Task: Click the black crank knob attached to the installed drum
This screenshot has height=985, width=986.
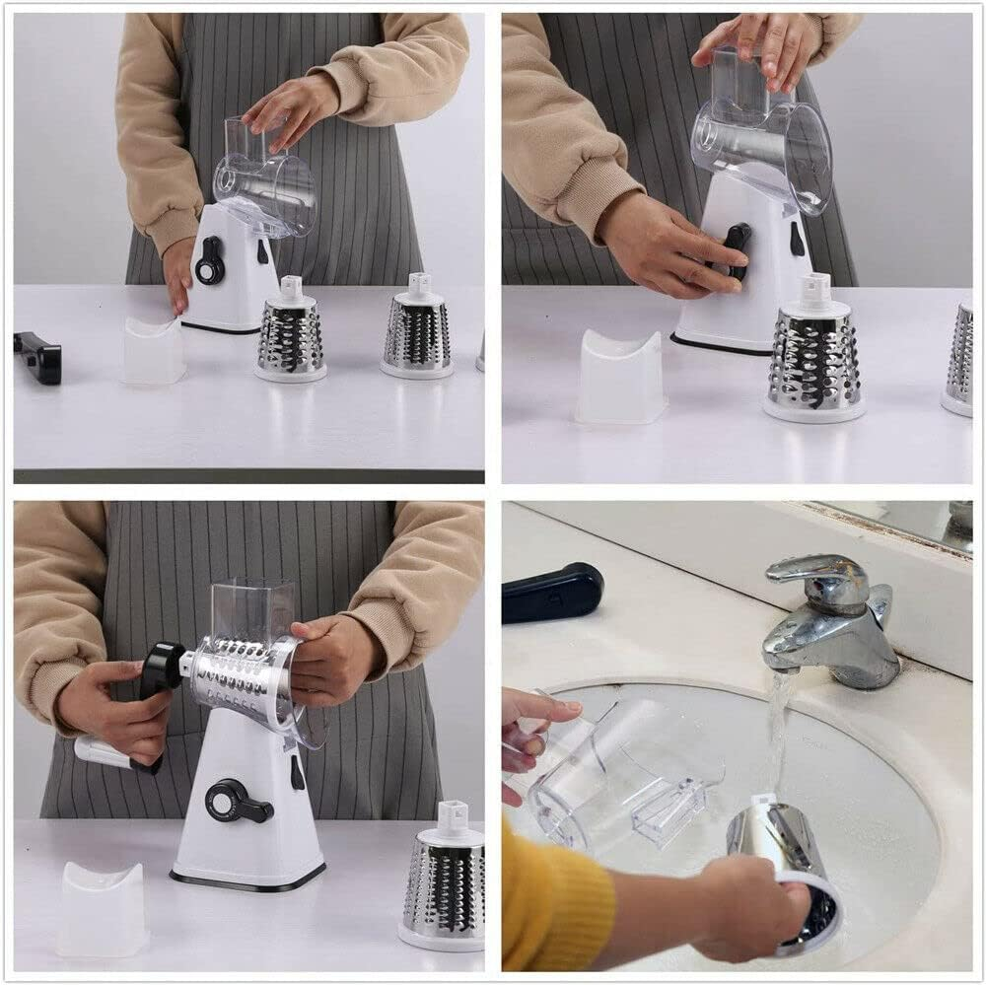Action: point(162,668)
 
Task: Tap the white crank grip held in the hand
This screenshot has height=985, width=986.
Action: point(105,753)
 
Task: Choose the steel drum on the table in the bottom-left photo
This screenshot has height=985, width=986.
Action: point(445,878)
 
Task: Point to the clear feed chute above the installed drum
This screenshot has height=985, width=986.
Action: point(253,609)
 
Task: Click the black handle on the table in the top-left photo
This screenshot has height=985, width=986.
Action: point(38,357)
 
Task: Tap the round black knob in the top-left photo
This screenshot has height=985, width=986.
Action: point(210,260)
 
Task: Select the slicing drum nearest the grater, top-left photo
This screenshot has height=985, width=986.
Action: point(291,334)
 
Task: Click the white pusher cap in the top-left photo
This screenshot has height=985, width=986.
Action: point(153,350)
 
